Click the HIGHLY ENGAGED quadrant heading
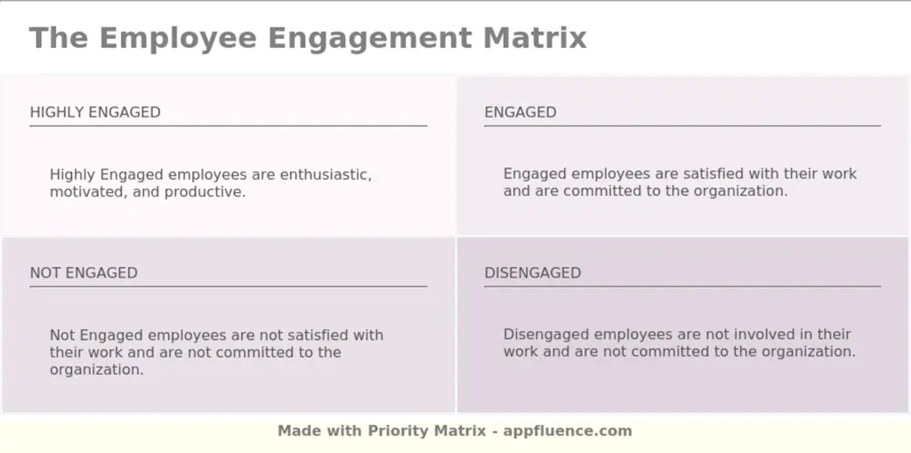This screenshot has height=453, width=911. (95, 112)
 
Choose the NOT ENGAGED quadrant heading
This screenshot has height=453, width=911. (84, 273)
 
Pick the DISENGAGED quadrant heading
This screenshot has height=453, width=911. (532, 273)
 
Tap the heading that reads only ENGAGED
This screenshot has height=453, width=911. (520, 112)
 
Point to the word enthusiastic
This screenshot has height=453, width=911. (327, 174)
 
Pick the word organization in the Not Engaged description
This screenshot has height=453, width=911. (97, 369)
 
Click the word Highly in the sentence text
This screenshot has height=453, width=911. (73, 174)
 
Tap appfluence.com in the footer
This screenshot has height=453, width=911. (568, 431)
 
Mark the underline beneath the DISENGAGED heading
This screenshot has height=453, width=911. (682, 287)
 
